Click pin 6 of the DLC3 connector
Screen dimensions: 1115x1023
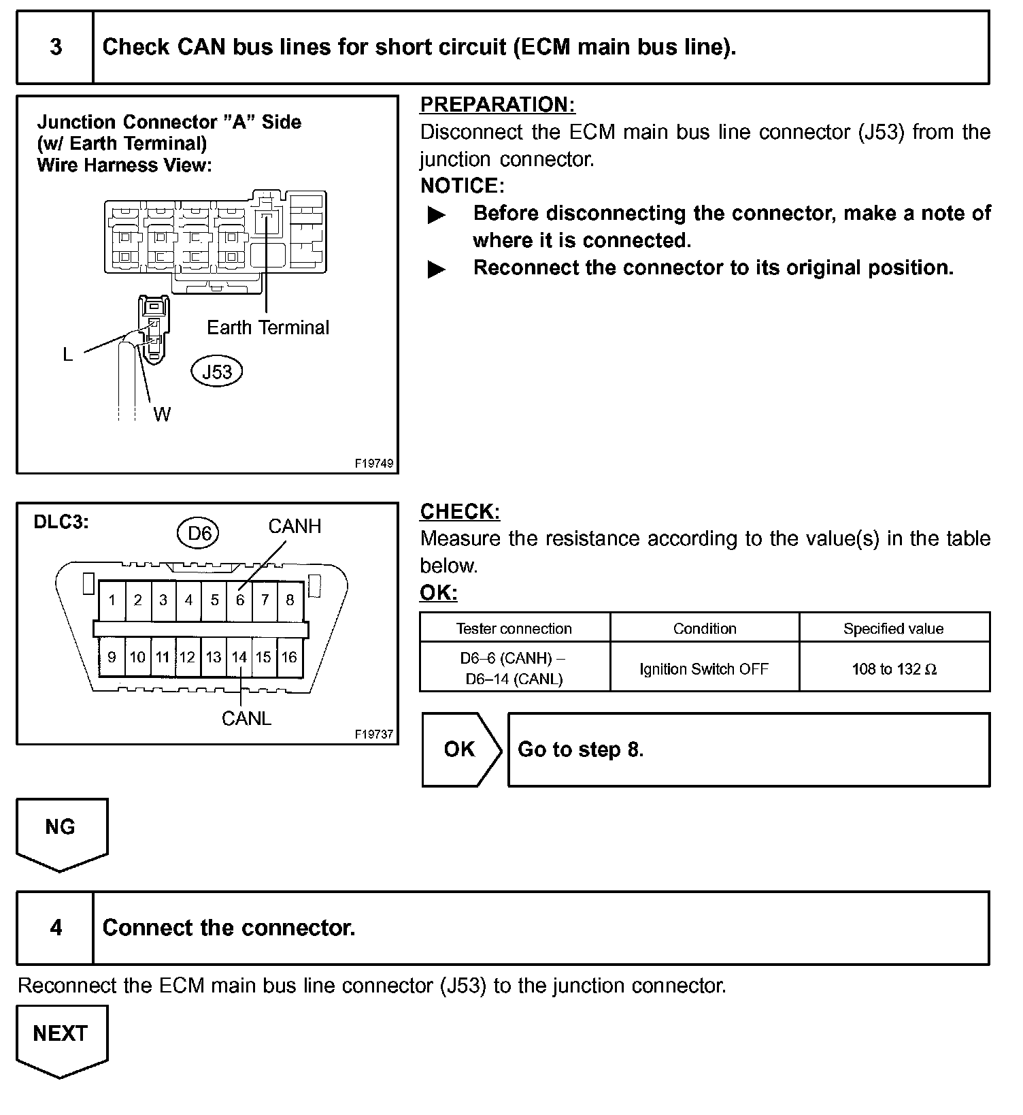point(240,600)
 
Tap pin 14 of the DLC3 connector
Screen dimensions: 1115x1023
point(239,657)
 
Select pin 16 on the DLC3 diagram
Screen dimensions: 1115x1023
point(289,657)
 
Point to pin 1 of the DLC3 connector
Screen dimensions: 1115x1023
point(112,600)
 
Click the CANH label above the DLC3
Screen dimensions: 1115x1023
point(295,526)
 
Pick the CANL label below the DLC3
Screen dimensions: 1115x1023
point(246,719)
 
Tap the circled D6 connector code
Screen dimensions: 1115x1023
point(199,534)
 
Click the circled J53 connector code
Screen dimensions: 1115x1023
point(217,372)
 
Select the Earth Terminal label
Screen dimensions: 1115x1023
point(268,327)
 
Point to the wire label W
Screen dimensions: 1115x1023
point(162,414)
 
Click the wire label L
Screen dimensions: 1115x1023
point(67,355)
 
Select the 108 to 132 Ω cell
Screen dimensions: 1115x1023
point(894,668)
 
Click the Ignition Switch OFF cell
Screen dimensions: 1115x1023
point(704,668)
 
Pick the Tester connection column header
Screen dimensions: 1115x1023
point(514,628)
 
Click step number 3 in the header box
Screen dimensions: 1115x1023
point(56,47)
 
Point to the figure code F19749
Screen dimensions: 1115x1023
point(374,463)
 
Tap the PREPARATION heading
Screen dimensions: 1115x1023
point(497,105)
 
